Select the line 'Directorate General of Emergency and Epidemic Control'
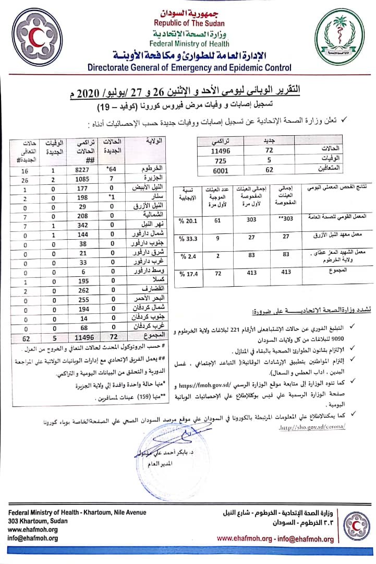point(189,67)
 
